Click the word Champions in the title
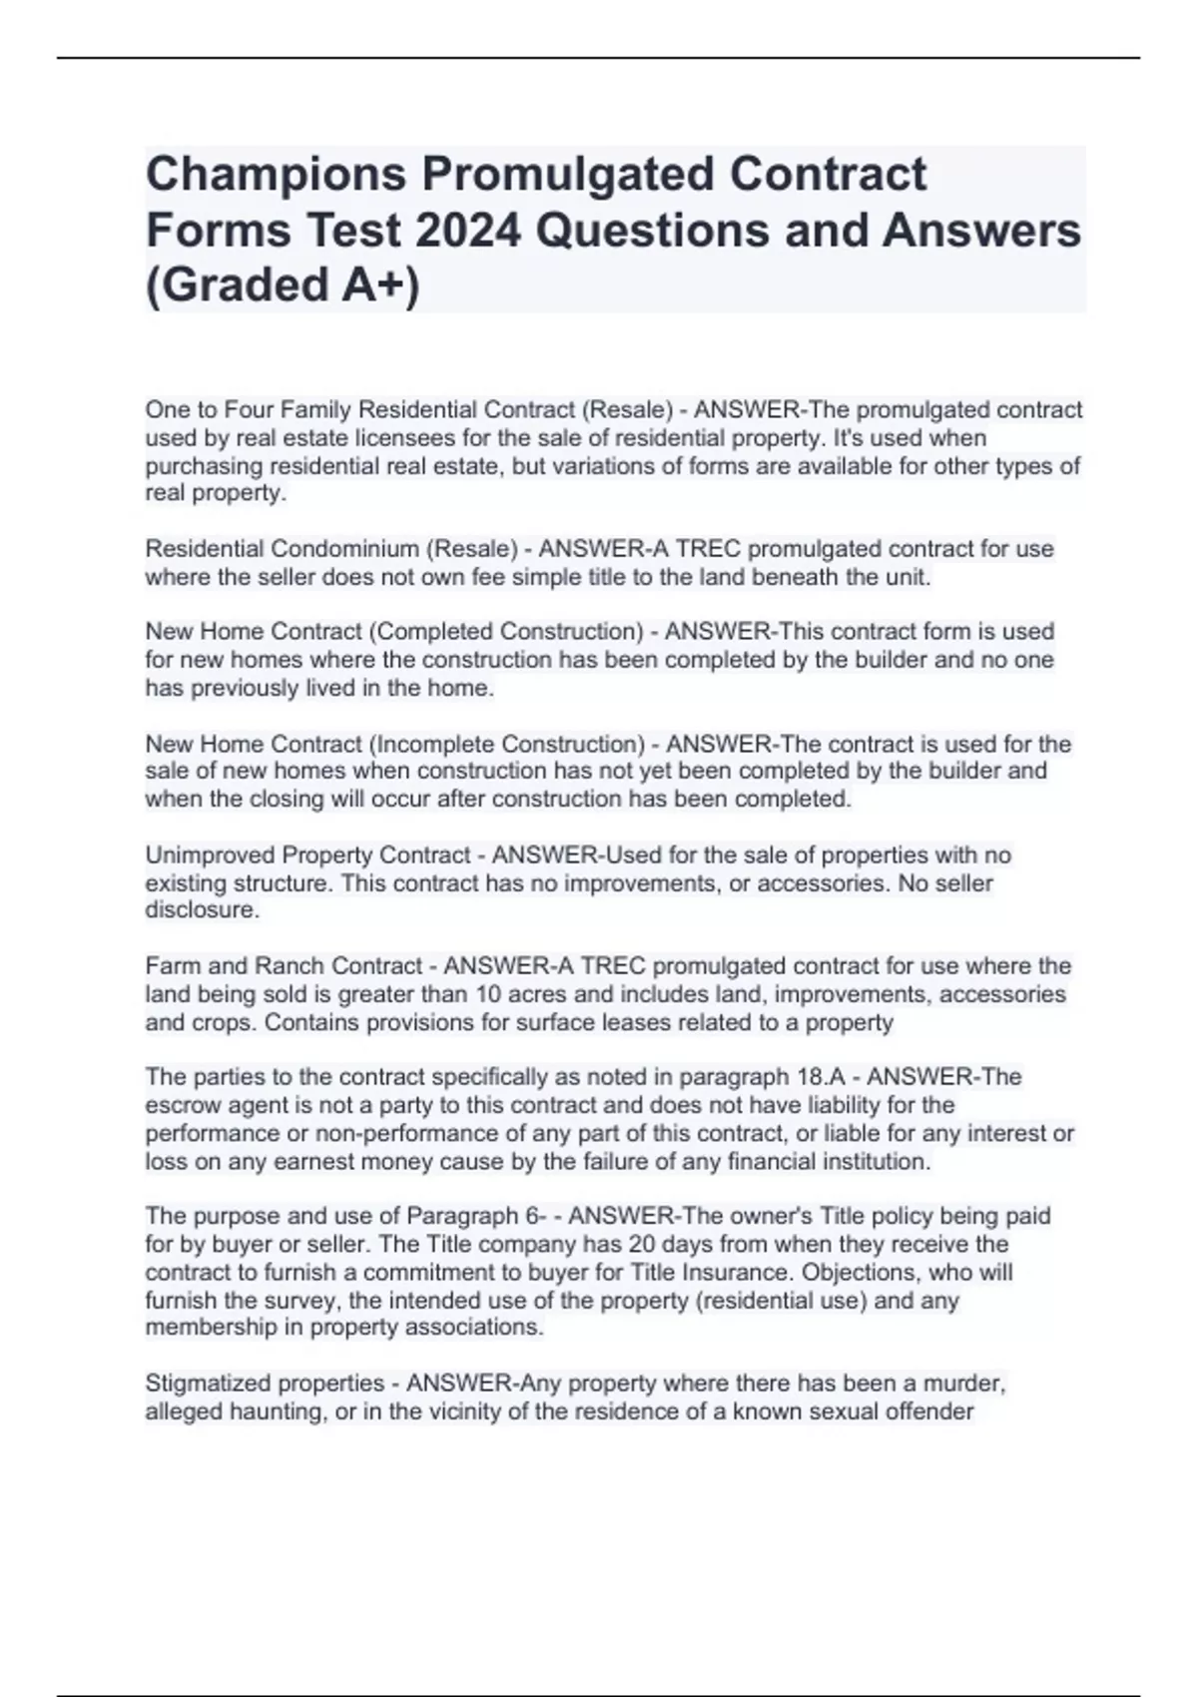277,175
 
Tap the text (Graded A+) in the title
283,285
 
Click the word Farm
168,966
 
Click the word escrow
179,1105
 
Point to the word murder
962,1384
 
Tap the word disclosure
201,910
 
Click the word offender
931,1412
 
